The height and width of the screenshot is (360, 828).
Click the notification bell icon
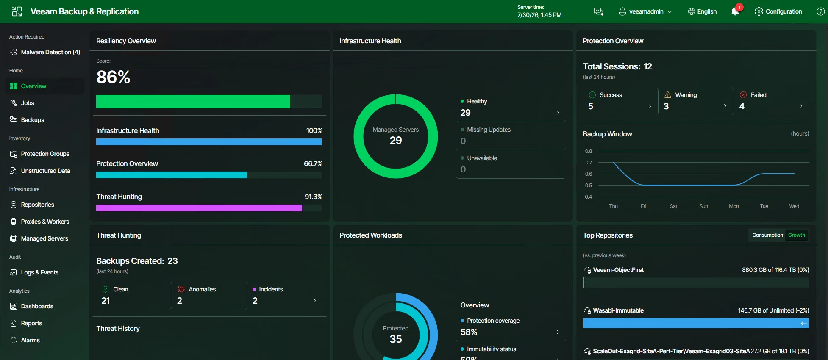pyautogui.click(x=735, y=11)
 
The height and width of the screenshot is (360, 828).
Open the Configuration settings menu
pyautogui.click(x=778, y=11)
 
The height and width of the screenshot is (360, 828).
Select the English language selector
pyautogui.click(x=702, y=11)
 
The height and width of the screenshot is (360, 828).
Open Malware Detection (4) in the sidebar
pyautogui.click(x=45, y=52)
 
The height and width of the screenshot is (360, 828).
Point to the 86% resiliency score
pyautogui.click(x=113, y=77)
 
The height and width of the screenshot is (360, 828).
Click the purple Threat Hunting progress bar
pyautogui.click(x=199, y=208)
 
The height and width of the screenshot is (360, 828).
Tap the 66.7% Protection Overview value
pyautogui.click(x=313, y=163)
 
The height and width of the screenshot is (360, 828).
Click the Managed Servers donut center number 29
pyautogui.click(x=396, y=140)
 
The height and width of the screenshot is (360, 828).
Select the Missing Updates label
pyautogui.click(x=489, y=130)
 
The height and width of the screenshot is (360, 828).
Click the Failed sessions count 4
pyautogui.click(x=742, y=106)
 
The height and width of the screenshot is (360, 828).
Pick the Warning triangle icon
pyautogui.click(x=668, y=95)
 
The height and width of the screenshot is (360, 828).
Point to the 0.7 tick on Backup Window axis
pyautogui.click(x=589, y=163)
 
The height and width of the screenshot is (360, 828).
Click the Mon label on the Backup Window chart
pyautogui.click(x=734, y=206)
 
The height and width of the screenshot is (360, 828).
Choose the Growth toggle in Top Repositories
pyautogui.click(x=797, y=235)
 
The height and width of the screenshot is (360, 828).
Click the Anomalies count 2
pyautogui.click(x=180, y=301)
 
